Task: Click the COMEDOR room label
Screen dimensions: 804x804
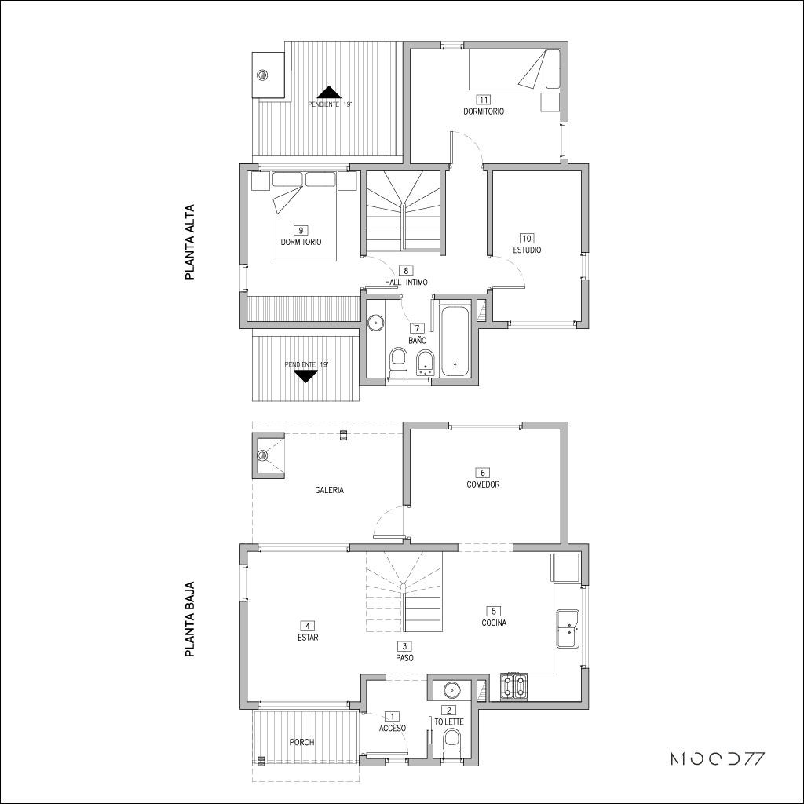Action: tap(483, 484)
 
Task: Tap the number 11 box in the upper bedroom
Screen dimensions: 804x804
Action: tap(483, 99)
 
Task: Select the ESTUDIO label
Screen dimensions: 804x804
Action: tap(527, 250)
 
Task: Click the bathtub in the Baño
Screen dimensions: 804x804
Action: tap(455, 341)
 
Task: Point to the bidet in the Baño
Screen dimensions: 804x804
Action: tap(426, 364)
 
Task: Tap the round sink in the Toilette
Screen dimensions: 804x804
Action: tap(451, 689)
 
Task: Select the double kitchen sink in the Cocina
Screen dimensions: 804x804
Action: tap(568, 629)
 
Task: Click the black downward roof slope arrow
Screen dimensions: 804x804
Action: tap(306, 376)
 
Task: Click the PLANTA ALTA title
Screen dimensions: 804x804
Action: tap(190, 243)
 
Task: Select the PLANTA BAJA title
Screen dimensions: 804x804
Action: tap(190, 619)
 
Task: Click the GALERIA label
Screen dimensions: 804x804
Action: tap(330, 490)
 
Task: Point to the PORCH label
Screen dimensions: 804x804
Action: tap(301, 742)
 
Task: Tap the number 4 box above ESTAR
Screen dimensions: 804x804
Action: tap(307, 626)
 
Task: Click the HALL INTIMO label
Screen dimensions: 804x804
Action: tap(406, 282)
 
